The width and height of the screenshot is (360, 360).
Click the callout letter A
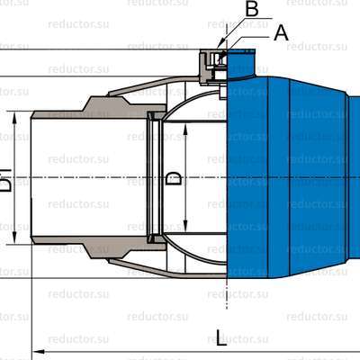click(x=280, y=32)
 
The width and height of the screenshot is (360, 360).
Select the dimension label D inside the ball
click(x=175, y=178)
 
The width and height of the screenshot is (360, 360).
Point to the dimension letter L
click(x=221, y=337)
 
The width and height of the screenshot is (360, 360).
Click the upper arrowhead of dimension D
click(x=185, y=127)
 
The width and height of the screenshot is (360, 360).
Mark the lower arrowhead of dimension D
click(x=185, y=230)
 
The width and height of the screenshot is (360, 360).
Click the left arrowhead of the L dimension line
click(x=37, y=349)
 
